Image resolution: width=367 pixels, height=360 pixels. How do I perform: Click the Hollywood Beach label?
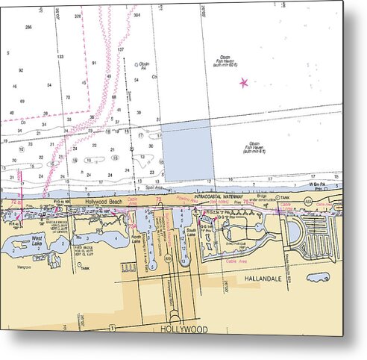[x=102, y=202]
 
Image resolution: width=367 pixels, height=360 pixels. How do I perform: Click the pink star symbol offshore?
[x=243, y=82]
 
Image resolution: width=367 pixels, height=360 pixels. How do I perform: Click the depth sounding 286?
[x=28, y=27]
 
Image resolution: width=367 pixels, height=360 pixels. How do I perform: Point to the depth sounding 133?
[x=60, y=56]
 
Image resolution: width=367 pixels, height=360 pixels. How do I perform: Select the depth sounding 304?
[x=137, y=15]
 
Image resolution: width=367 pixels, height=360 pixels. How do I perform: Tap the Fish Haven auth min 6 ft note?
[x=254, y=147]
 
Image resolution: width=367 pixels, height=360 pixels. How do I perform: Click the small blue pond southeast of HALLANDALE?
[x=319, y=277]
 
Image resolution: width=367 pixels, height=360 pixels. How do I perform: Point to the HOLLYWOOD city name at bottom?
[x=183, y=329]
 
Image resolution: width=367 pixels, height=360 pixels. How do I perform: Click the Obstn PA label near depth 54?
[x=144, y=66]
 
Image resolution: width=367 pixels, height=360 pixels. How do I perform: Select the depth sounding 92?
[x=22, y=69]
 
